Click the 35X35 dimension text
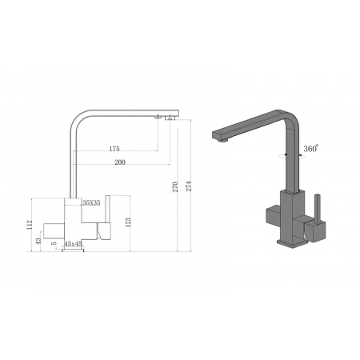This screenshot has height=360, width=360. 90,203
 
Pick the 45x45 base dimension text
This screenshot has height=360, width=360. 74,243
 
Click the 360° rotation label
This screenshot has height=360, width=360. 310,148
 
